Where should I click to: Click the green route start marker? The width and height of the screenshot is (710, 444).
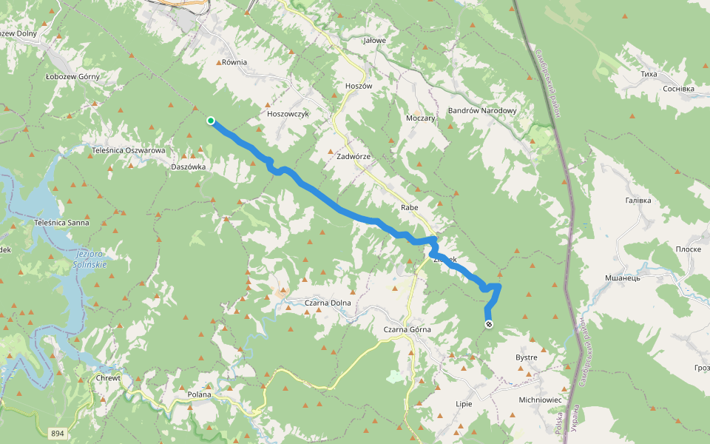[x=211, y=121]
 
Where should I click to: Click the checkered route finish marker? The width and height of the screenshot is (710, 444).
[x=488, y=324]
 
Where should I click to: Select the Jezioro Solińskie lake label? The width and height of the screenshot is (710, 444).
[x=90, y=260]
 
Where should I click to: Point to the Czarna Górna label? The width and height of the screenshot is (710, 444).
[x=407, y=329]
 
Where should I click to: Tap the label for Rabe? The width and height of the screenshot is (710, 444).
[x=409, y=207]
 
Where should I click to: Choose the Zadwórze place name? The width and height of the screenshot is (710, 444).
[x=354, y=157]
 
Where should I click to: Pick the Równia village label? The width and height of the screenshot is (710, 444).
[x=234, y=63]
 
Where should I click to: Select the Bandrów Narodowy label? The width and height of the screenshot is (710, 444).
[x=482, y=111]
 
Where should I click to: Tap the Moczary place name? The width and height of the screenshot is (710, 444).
[x=422, y=118]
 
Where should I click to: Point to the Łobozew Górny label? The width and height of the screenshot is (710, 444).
[x=72, y=76]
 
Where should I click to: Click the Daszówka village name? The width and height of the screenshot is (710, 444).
[x=188, y=167]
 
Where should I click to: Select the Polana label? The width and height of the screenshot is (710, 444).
[x=200, y=394]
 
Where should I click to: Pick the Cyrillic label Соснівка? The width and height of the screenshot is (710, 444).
[x=679, y=89]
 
